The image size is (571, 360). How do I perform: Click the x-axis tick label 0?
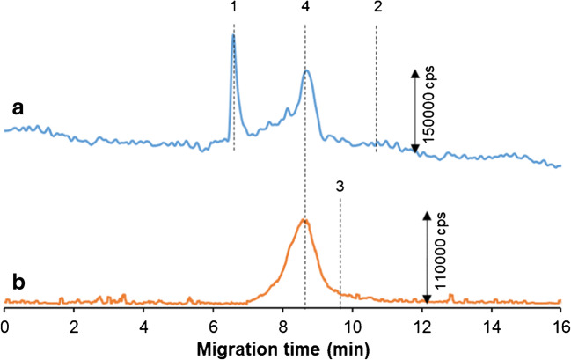5,323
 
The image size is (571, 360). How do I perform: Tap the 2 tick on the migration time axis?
75,323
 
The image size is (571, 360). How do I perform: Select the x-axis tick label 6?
214,323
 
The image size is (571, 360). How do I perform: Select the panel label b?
18,283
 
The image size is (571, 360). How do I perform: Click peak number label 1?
233,8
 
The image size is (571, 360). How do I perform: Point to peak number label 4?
304,8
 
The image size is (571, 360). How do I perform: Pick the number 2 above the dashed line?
377,8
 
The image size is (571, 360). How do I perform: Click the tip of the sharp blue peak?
233,35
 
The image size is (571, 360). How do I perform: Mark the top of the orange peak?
304,219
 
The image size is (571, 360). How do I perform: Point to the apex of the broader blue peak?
305,71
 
